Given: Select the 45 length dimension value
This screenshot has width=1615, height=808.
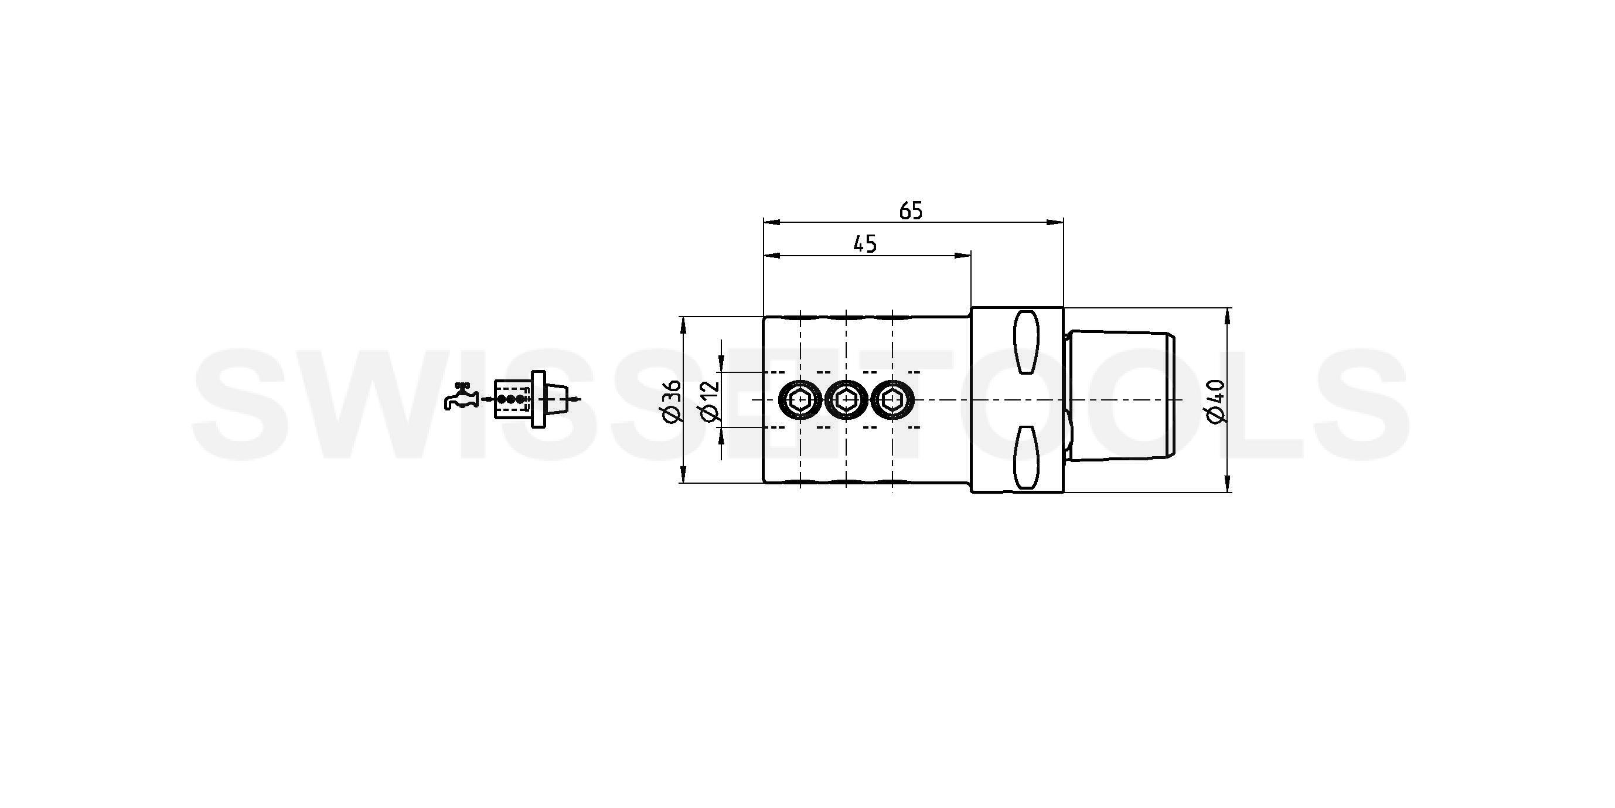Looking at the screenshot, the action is click(x=864, y=244).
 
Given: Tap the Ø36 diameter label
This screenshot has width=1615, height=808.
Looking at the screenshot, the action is click(x=670, y=401).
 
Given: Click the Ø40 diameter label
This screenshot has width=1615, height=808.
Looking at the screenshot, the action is click(x=1214, y=402).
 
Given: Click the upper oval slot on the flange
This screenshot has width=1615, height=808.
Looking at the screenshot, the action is click(x=1026, y=342).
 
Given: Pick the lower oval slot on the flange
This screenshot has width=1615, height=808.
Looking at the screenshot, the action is click(x=1026, y=457).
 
